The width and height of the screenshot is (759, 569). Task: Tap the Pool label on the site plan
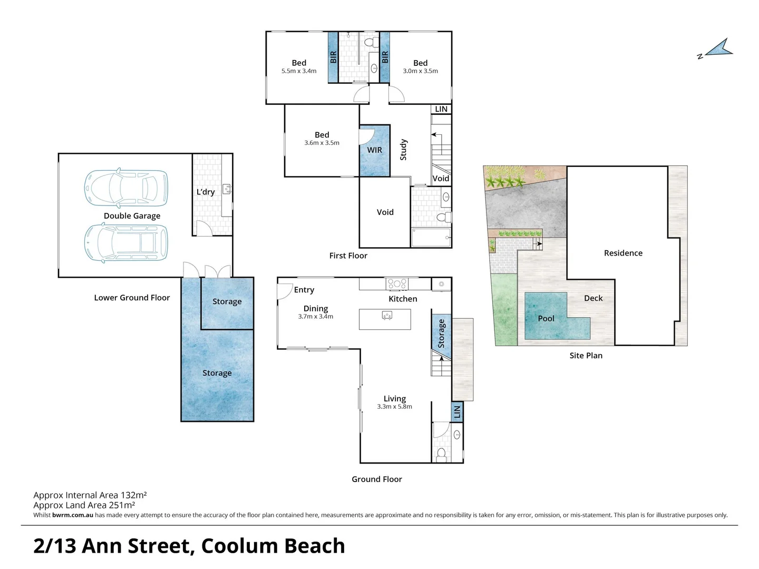point(546,318)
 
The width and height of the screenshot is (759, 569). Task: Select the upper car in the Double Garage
point(126,188)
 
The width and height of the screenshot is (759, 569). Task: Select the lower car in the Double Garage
point(126,242)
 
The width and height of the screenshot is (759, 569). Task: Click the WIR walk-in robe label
point(375,150)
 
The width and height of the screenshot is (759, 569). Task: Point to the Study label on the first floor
point(404,150)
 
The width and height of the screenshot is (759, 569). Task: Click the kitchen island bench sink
point(387,316)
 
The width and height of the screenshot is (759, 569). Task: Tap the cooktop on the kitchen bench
point(397,284)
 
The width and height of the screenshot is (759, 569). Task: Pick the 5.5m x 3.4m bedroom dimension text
point(299,71)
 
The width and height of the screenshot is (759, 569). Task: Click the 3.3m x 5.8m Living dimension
point(395,407)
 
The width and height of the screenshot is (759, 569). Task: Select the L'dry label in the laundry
point(206,192)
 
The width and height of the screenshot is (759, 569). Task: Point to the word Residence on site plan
point(623,253)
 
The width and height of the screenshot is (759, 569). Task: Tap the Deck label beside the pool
point(593,298)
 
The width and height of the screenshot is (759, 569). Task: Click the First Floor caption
point(348,256)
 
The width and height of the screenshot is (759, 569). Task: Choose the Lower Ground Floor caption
point(132,298)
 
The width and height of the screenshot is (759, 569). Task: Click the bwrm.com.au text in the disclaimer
point(73,515)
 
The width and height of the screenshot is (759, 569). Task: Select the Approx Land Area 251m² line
point(84,505)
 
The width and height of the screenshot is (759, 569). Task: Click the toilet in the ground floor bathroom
point(442,454)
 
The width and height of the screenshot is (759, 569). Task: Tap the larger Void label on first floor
point(385,212)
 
